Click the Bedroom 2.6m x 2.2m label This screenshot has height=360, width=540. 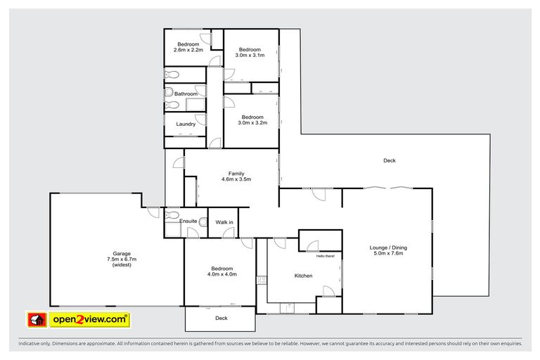(188, 47)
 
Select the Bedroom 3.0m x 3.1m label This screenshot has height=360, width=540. (250, 52)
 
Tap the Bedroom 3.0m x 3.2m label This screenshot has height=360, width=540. (252, 120)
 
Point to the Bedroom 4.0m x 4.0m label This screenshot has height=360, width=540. (221, 271)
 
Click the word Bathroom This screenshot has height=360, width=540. (186, 94)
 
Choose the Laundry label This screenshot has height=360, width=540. (186, 124)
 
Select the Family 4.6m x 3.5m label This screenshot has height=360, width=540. (236, 176)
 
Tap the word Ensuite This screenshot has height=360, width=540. (188, 221)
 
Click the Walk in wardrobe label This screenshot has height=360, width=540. (224, 222)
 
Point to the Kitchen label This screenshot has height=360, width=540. (303, 276)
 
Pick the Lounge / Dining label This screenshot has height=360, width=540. (388, 251)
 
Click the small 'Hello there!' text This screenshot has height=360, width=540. (326, 256)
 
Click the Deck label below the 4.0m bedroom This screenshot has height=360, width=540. (221, 318)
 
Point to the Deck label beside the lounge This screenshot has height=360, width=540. (390, 160)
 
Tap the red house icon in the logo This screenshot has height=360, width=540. (37, 320)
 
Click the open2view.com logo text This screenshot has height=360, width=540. (89, 320)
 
